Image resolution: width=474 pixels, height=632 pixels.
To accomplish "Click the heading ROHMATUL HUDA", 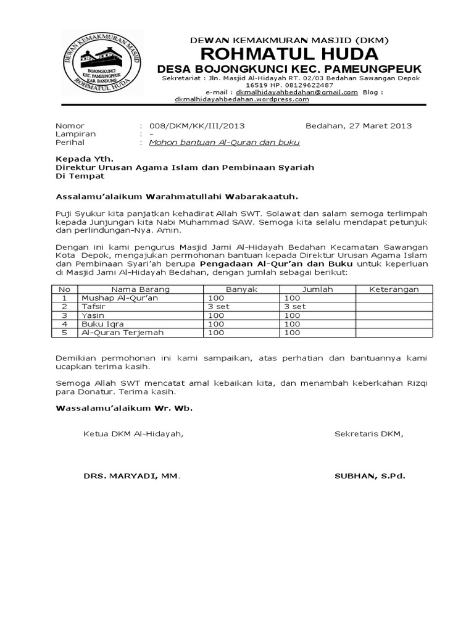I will coord(288,52).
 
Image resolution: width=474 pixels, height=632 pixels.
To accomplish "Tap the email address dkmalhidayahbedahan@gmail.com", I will coord(301,92).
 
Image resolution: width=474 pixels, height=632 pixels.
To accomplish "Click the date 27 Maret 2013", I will coord(380,126).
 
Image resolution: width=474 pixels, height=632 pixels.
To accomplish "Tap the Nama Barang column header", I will coord(140,289).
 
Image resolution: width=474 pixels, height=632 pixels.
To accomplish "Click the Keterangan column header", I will coord(394,289).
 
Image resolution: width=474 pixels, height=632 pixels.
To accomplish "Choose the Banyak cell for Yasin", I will coord(217,315).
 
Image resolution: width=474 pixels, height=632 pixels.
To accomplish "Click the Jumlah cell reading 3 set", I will coord(294,306).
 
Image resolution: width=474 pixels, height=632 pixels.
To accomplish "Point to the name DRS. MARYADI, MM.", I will coord(132,476).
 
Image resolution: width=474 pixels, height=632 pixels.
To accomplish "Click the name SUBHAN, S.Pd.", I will coord(370,476).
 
